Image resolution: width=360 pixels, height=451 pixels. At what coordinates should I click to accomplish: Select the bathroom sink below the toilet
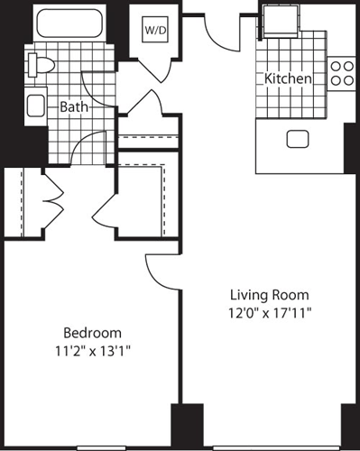[36, 106]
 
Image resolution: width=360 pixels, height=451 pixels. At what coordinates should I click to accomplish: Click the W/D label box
[155, 29]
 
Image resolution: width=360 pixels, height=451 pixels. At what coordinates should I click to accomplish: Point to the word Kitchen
[288, 79]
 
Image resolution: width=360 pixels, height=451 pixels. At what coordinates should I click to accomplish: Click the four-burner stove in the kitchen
[342, 71]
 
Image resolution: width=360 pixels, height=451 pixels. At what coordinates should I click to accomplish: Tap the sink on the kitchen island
[297, 139]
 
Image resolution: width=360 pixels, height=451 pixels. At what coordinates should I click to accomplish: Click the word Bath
[73, 106]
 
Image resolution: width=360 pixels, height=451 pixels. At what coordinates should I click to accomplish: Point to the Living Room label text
[269, 295]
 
